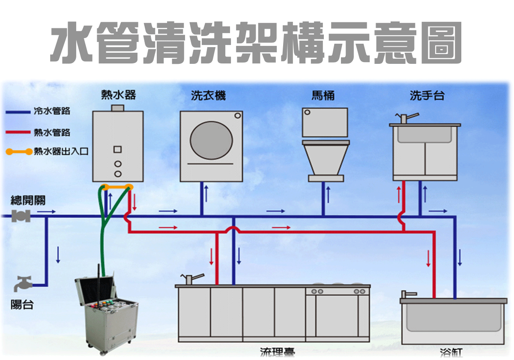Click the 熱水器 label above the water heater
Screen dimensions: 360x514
pos(118,95)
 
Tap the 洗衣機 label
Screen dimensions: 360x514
pos(208,96)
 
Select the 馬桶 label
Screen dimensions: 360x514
pos(323,96)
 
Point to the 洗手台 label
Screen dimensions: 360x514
pos(427,96)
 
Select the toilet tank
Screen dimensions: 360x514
pos(325,122)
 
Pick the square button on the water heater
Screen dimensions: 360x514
pos(118,150)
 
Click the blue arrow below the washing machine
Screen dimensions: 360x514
pos(206,193)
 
